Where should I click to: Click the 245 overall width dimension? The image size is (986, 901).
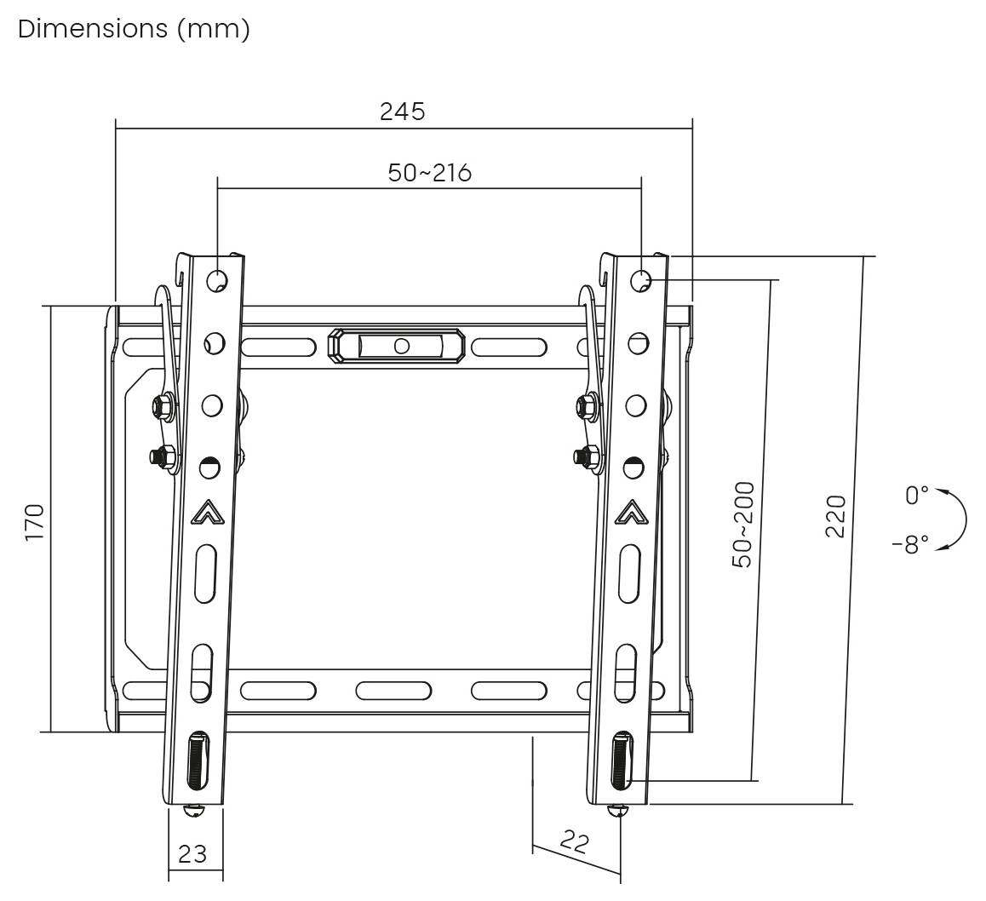pos(402,112)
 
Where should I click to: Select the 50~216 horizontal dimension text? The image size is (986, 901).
pos(429,173)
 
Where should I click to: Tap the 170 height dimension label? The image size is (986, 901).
pos(34,522)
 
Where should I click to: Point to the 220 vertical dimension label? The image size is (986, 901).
pos(835,515)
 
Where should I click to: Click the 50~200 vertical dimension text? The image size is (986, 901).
pos(743,525)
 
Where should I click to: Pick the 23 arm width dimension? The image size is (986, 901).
pos(192,853)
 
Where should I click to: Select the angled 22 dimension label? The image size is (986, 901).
pos(575,843)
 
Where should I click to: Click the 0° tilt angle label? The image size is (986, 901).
pos(916,495)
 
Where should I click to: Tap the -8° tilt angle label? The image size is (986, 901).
pos(910,545)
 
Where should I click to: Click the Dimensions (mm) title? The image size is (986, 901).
pos(134,29)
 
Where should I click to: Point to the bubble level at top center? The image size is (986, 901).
pos(397,346)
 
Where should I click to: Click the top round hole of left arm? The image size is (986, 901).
pos(216,278)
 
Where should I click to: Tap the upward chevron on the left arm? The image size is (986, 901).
pos(206,513)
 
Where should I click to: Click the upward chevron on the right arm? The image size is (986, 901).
pos(631,512)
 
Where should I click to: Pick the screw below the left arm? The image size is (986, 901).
pos(194,811)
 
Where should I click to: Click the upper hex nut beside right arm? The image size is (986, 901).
pos(587,406)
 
